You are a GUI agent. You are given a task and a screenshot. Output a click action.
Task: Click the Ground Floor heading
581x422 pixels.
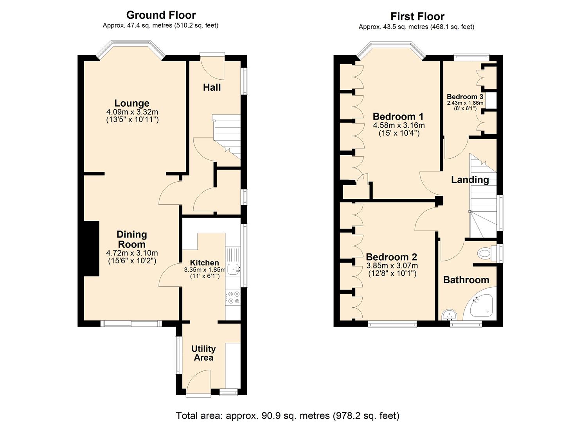161,15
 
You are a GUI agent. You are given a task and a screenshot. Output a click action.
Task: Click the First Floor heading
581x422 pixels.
417,17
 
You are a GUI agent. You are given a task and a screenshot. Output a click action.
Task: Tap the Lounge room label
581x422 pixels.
132,103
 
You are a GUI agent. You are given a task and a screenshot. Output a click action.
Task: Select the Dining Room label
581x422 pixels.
132,239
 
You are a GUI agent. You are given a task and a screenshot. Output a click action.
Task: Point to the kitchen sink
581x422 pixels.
234,268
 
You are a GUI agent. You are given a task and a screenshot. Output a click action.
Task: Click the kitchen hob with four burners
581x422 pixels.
234,298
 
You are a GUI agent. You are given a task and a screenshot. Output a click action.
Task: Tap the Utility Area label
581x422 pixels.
203,353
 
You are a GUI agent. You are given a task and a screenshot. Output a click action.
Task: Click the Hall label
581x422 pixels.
212,87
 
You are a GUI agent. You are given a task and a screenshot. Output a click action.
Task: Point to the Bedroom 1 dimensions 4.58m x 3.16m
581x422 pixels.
398,125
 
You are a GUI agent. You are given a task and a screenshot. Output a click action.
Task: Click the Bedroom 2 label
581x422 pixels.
391,257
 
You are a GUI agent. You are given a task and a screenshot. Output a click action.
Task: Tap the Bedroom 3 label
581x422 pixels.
465,97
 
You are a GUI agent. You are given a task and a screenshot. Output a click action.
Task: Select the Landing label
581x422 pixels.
469,180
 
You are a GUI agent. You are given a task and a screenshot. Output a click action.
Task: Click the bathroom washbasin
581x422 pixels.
449,315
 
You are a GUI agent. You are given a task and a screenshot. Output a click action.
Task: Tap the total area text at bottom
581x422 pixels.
288,415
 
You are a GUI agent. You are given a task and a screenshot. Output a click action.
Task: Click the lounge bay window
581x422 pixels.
130,46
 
